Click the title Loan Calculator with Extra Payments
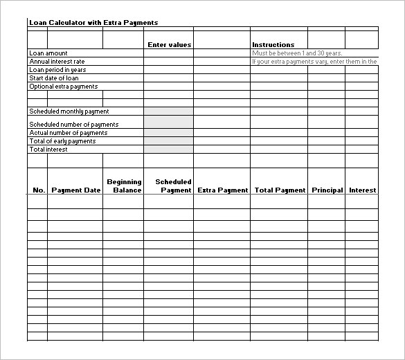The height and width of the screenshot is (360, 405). [93, 23]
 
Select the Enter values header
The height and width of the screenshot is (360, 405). [169, 45]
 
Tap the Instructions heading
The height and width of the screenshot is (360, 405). [273, 45]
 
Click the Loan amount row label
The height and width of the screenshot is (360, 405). [48, 53]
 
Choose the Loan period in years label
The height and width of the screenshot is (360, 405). [57, 70]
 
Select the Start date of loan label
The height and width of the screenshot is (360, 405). [54, 78]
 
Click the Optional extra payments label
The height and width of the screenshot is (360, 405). [64, 87]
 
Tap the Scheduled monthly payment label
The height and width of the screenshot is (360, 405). [69, 111]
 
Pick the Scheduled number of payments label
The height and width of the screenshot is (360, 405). [74, 125]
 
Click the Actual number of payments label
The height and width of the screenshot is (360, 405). [69, 133]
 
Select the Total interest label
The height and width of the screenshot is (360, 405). [48, 150]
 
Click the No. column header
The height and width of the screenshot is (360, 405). [38, 190]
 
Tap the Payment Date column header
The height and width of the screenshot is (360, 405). [75, 190]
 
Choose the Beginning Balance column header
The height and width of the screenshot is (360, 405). [124, 186]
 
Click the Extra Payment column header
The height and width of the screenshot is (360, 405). [222, 190]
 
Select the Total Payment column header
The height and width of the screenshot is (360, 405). [280, 190]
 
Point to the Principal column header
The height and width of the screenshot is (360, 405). [327, 190]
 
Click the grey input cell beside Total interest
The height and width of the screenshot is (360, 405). [168, 150]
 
